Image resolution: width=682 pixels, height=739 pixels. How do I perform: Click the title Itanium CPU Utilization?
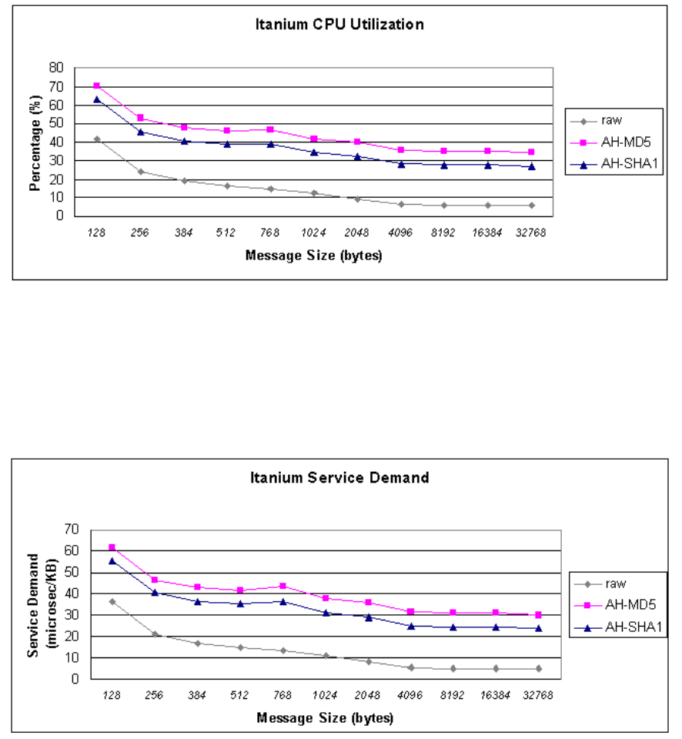click(339, 25)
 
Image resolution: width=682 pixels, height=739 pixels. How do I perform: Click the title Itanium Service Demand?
click(339, 477)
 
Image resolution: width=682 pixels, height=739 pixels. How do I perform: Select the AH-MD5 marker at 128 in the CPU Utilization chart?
click(97, 85)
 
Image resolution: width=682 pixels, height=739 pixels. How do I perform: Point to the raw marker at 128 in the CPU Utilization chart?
click(97, 139)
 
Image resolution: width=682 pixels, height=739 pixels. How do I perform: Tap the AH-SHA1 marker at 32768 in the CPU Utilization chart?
click(532, 166)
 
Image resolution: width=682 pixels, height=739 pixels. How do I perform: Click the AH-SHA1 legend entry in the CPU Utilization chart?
click(614, 164)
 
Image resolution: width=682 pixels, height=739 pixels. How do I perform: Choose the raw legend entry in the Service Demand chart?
click(600, 584)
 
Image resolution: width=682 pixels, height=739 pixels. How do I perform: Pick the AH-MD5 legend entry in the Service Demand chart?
click(616, 605)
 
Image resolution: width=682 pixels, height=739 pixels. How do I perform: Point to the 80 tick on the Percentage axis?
click(56, 68)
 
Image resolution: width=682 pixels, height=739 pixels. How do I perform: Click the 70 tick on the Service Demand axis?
click(72, 530)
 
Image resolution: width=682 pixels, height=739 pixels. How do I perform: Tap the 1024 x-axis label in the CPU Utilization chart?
click(314, 232)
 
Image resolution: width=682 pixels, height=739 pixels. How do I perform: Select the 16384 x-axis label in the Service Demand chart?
click(495, 695)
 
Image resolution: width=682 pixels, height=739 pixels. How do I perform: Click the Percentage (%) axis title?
click(35, 143)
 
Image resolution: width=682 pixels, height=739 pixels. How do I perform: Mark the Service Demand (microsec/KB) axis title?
click(42, 605)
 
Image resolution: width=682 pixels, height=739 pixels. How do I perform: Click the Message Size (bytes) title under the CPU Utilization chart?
click(314, 256)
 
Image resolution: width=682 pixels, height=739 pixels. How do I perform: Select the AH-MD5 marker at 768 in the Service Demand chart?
click(282, 586)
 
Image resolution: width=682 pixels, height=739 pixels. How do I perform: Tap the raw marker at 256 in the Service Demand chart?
click(155, 634)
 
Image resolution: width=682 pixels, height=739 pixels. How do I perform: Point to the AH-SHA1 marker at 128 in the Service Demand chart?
click(112, 561)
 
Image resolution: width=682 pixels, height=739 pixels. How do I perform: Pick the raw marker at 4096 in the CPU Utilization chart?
click(401, 205)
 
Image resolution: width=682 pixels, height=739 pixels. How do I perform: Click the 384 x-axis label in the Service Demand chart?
click(197, 695)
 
